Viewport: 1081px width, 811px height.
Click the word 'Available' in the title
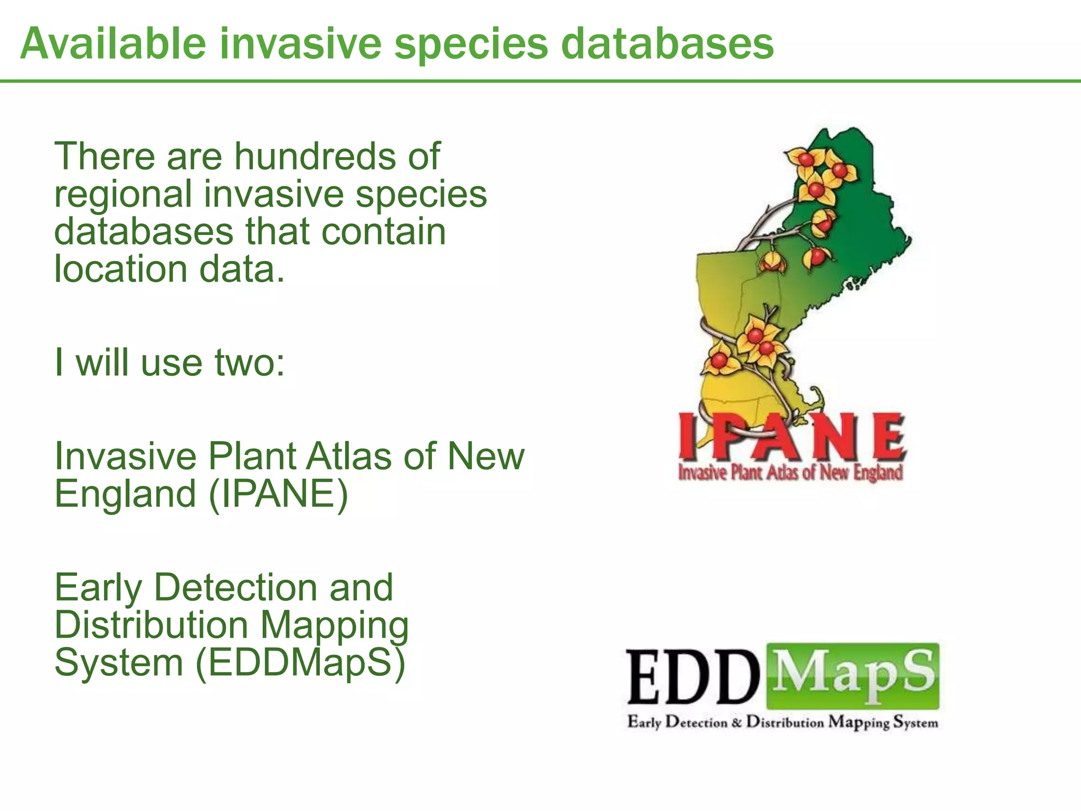coord(113,43)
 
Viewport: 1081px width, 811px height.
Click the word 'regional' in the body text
coord(123,194)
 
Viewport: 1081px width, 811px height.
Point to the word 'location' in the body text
coord(120,269)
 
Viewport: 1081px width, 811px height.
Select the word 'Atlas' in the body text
coord(349,456)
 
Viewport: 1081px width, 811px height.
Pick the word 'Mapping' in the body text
coord(335,625)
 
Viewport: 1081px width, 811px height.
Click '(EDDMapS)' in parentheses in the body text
coord(300,663)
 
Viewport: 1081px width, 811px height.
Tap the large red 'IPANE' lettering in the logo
coord(792,436)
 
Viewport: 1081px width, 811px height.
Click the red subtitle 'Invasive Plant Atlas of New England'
coord(790,473)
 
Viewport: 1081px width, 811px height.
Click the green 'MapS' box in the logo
coord(852,675)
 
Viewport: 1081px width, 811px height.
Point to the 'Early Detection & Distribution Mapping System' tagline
coord(783,722)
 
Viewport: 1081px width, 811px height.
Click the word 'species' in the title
coord(471,43)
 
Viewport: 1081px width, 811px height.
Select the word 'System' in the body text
coord(119,663)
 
